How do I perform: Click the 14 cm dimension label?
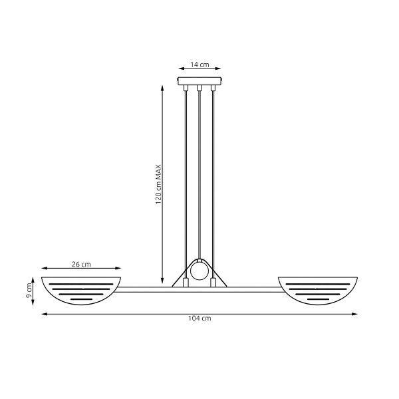199,65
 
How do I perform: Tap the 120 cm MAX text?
159,184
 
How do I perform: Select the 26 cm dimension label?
81,264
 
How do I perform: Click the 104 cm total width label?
199,319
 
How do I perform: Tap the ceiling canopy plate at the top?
199,82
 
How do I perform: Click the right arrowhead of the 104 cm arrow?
356,313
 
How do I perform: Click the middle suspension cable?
199,173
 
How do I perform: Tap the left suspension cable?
186,173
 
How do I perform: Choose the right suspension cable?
213,173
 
